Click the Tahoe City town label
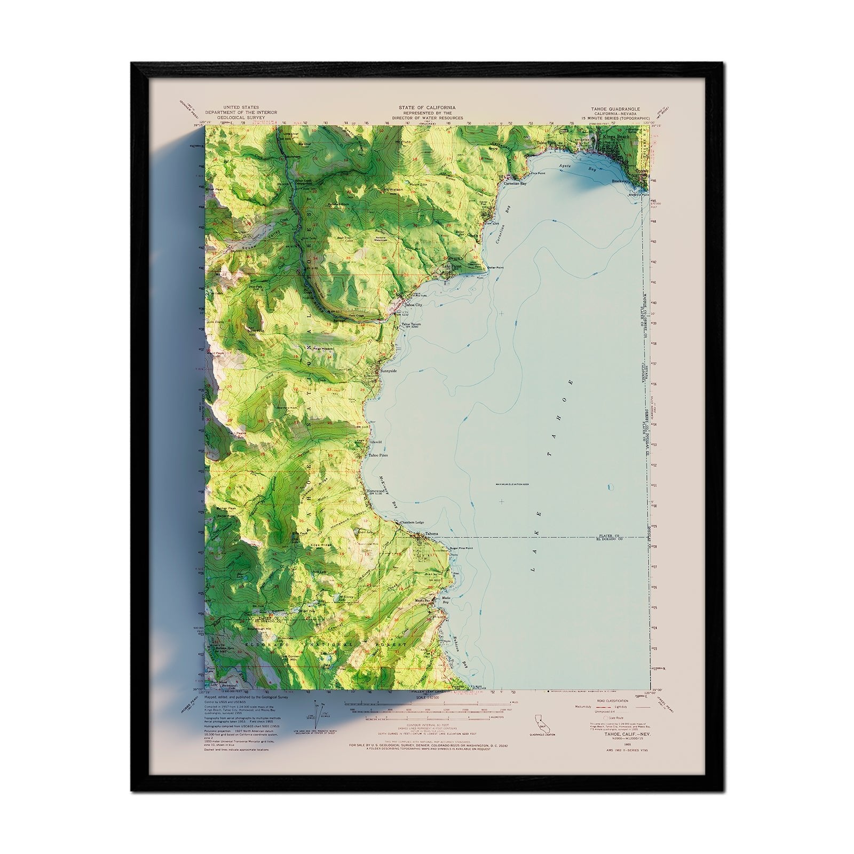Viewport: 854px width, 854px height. coord(414,305)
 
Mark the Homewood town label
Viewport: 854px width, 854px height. coord(376,491)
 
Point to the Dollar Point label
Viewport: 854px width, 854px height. coord(495,267)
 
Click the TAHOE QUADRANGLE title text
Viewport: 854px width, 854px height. coord(615,108)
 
